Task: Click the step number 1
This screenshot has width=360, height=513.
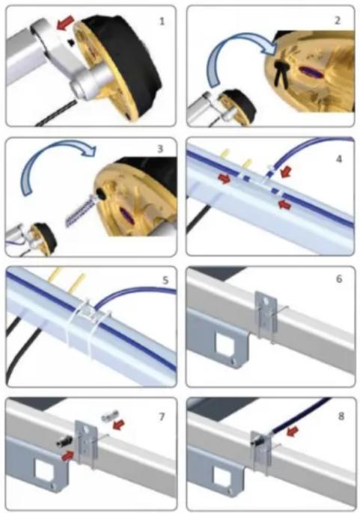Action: pyautogui.click(x=162, y=22)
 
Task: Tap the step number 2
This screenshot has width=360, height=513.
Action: pyautogui.click(x=338, y=21)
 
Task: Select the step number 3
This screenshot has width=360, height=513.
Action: pyautogui.click(x=160, y=149)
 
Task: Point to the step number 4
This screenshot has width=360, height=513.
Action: pyautogui.click(x=339, y=159)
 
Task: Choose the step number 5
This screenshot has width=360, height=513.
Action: pyautogui.click(x=165, y=280)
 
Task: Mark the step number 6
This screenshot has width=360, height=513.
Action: pyautogui.click(x=339, y=279)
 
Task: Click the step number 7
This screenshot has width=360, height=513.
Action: pyautogui.click(x=161, y=417)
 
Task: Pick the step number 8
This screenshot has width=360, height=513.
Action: pyautogui.click(x=341, y=416)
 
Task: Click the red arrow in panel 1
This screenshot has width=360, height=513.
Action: pyautogui.click(x=64, y=24)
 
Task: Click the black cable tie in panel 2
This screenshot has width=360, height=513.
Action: pyautogui.click(x=281, y=73)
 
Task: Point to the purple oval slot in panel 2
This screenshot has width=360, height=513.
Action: pyautogui.click(x=311, y=73)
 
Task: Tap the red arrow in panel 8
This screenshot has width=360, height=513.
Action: pyautogui.click(x=293, y=431)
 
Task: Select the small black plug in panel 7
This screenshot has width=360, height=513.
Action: pyautogui.click(x=63, y=442)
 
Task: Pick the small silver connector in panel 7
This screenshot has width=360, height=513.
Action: pyautogui.click(x=106, y=417)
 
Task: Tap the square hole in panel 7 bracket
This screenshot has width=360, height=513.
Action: pyautogui.click(x=44, y=471)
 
